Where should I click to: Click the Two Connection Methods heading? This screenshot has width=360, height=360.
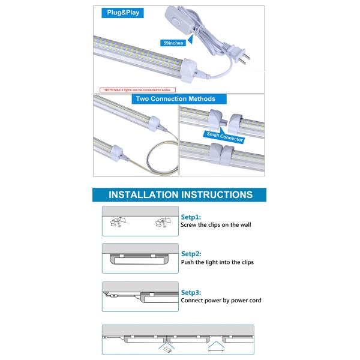[175, 98]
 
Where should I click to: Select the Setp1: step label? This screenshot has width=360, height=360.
[191, 217]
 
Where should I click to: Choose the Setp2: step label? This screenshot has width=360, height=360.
[191, 254]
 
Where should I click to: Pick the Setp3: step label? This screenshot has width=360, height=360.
[191, 292]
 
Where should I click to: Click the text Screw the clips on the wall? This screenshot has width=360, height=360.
[215, 225]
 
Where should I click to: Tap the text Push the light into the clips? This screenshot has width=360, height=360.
[217, 262]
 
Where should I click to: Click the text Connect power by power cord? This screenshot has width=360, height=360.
[221, 301]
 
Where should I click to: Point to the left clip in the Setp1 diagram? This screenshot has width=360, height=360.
[116, 223]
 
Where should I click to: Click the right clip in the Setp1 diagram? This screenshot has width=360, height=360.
[161, 223]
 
